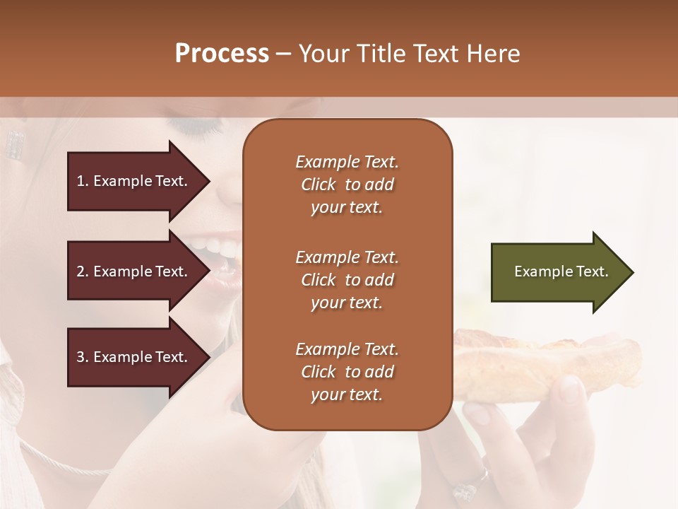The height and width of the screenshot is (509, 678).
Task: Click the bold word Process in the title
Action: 222,54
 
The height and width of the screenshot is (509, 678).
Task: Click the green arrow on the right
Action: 558,272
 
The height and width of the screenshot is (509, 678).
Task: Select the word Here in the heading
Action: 494,54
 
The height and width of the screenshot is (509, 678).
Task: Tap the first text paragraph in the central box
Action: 347,185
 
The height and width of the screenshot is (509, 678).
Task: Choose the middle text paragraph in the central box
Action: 347,280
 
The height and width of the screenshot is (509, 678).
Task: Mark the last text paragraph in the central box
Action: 347,372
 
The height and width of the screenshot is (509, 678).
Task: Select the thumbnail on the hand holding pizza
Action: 571,390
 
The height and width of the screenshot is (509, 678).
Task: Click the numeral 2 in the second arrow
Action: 81,271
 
